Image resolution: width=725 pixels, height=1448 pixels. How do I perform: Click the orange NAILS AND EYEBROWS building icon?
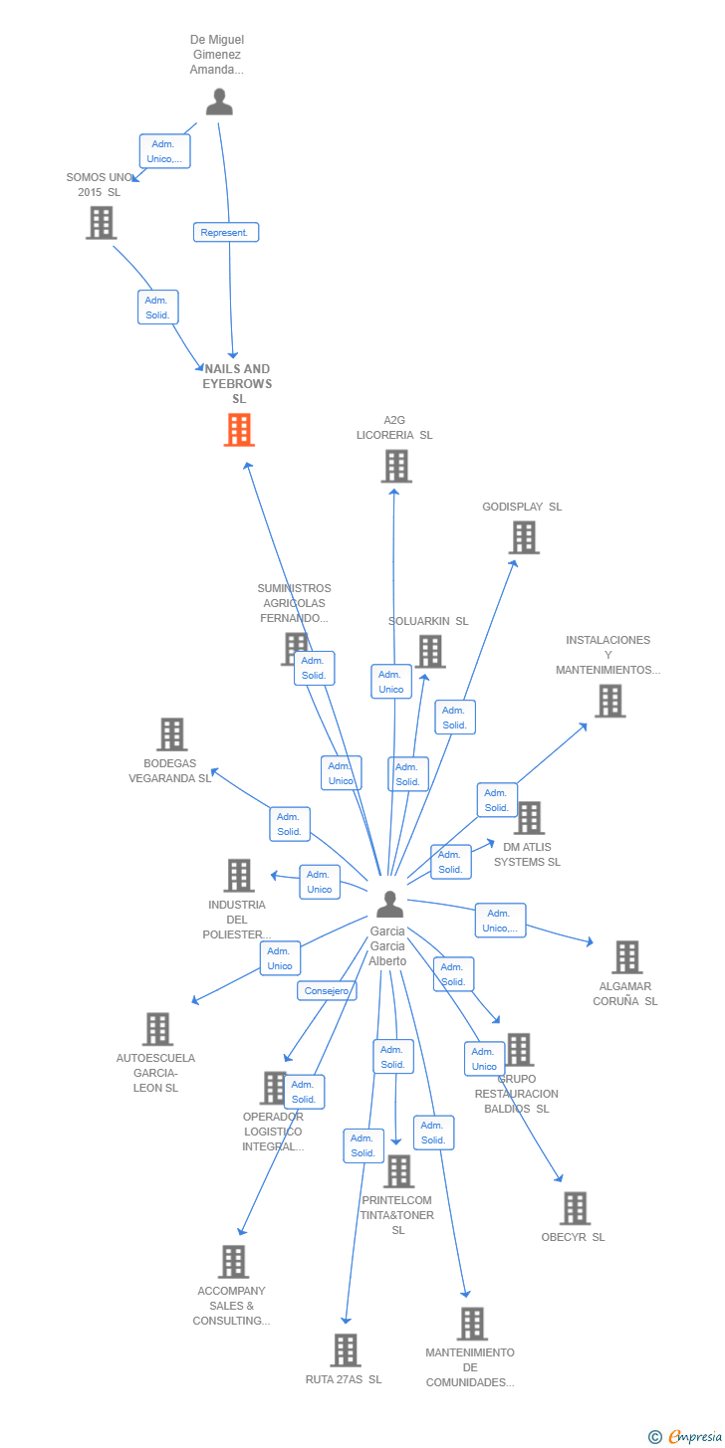coord(239,430)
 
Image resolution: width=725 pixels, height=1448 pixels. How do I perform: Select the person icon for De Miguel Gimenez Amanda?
coord(219,102)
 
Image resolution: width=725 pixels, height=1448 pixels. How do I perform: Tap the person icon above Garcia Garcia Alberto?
coord(389,904)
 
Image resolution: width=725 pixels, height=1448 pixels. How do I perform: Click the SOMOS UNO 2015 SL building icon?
coord(101,223)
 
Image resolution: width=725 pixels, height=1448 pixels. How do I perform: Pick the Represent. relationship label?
coord(226,232)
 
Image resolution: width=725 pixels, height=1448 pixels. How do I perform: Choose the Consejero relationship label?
coord(327,991)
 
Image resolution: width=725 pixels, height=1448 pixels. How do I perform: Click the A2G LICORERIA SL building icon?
coord(396,466)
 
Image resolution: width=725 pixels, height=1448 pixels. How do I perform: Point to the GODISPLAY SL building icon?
coord(524,537)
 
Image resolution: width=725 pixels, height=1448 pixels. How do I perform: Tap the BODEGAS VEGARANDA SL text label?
coord(170,771)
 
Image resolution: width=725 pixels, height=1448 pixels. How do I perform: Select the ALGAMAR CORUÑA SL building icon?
coord(626,956)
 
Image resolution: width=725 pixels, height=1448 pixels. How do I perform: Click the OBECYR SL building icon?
coord(575,1208)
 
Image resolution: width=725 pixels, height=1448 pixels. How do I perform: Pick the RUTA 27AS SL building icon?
coord(346,1350)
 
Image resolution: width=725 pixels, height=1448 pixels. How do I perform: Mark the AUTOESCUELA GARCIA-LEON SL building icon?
coord(157,1029)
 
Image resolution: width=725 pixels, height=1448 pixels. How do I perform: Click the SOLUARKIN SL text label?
coord(428,621)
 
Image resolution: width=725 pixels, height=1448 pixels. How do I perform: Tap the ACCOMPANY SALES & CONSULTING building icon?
coord(233,1262)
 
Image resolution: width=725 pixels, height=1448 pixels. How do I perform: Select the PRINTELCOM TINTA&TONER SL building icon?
coord(398,1171)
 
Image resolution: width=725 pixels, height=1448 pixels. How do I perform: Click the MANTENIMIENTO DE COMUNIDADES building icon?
coord(472,1324)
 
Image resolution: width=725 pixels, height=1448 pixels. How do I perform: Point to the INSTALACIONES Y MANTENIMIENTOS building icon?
coord(609,701)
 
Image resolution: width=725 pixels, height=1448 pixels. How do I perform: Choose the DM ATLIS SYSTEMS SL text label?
coord(527,854)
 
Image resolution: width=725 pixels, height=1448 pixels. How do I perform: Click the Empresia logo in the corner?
coord(686,1436)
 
